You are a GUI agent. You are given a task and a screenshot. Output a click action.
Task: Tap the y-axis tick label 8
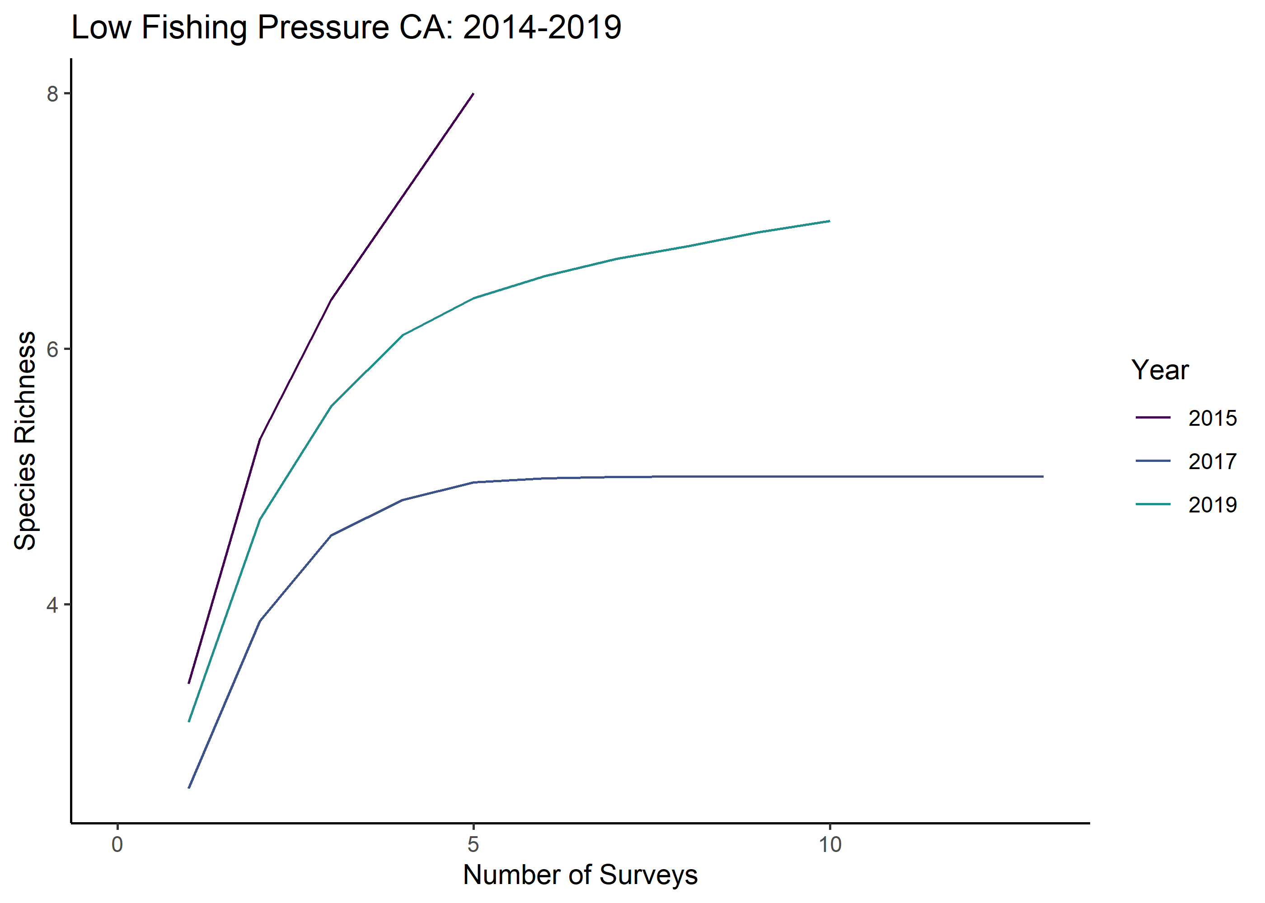[52, 94]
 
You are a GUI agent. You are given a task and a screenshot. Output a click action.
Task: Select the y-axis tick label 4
[52, 605]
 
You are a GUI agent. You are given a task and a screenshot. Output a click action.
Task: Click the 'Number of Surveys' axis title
[580, 875]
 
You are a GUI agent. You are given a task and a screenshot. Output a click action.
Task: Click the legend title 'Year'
[1159, 370]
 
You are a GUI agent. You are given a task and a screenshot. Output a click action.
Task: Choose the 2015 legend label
[1212, 418]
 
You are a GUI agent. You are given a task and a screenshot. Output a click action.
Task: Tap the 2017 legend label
[1212, 461]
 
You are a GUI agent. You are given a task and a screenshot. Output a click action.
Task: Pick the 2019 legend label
[1212, 505]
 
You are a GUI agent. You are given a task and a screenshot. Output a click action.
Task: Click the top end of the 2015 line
[473, 94]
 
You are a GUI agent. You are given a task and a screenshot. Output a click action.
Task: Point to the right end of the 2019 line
[829, 221]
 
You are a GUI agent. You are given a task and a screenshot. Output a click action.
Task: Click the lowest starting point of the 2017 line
[189, 788]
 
